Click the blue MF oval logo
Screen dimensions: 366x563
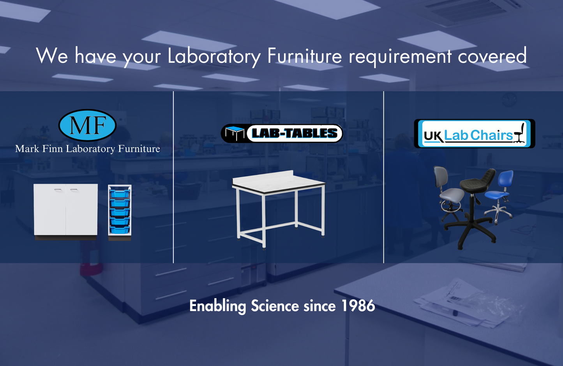click(x=87, y=125)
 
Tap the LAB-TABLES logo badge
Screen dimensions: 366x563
click(x=282, y=133)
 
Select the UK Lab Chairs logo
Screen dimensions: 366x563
click(x=474, y=134)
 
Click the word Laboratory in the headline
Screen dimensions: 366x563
click(x=214, y=56)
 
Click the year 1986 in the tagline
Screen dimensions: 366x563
click(x=358, y=306)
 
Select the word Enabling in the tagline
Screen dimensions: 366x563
click(x=217, y=306)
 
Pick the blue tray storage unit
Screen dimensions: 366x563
click(x=120, y=211)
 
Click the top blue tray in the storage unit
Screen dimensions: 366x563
click(x=120, y=193)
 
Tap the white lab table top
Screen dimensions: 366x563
click(x=278, y=182)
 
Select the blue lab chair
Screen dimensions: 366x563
click(x=501, y=191)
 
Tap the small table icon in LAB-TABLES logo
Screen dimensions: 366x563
click(x=235, y=133)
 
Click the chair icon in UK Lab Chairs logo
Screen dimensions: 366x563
click(x=519, y=133)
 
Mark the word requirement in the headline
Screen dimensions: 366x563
click(x=400, y=56)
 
